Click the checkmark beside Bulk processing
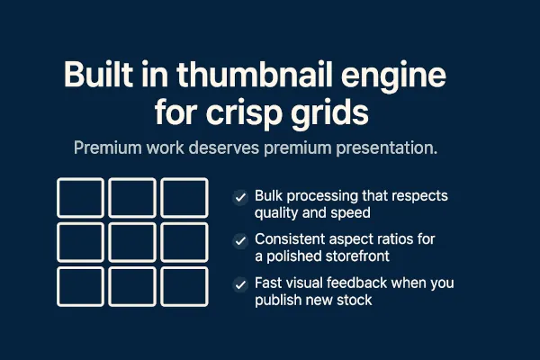tap(240, 197)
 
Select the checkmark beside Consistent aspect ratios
tap(240, 240)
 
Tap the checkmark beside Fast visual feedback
tap(240, 284)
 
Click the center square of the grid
tap(132, 241)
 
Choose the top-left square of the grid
tap(80, 198)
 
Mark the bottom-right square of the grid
tap(184, 285)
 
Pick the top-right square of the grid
tap(184, 198)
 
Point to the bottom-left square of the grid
tap(80, 285)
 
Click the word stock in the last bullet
tap(352, 301)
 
